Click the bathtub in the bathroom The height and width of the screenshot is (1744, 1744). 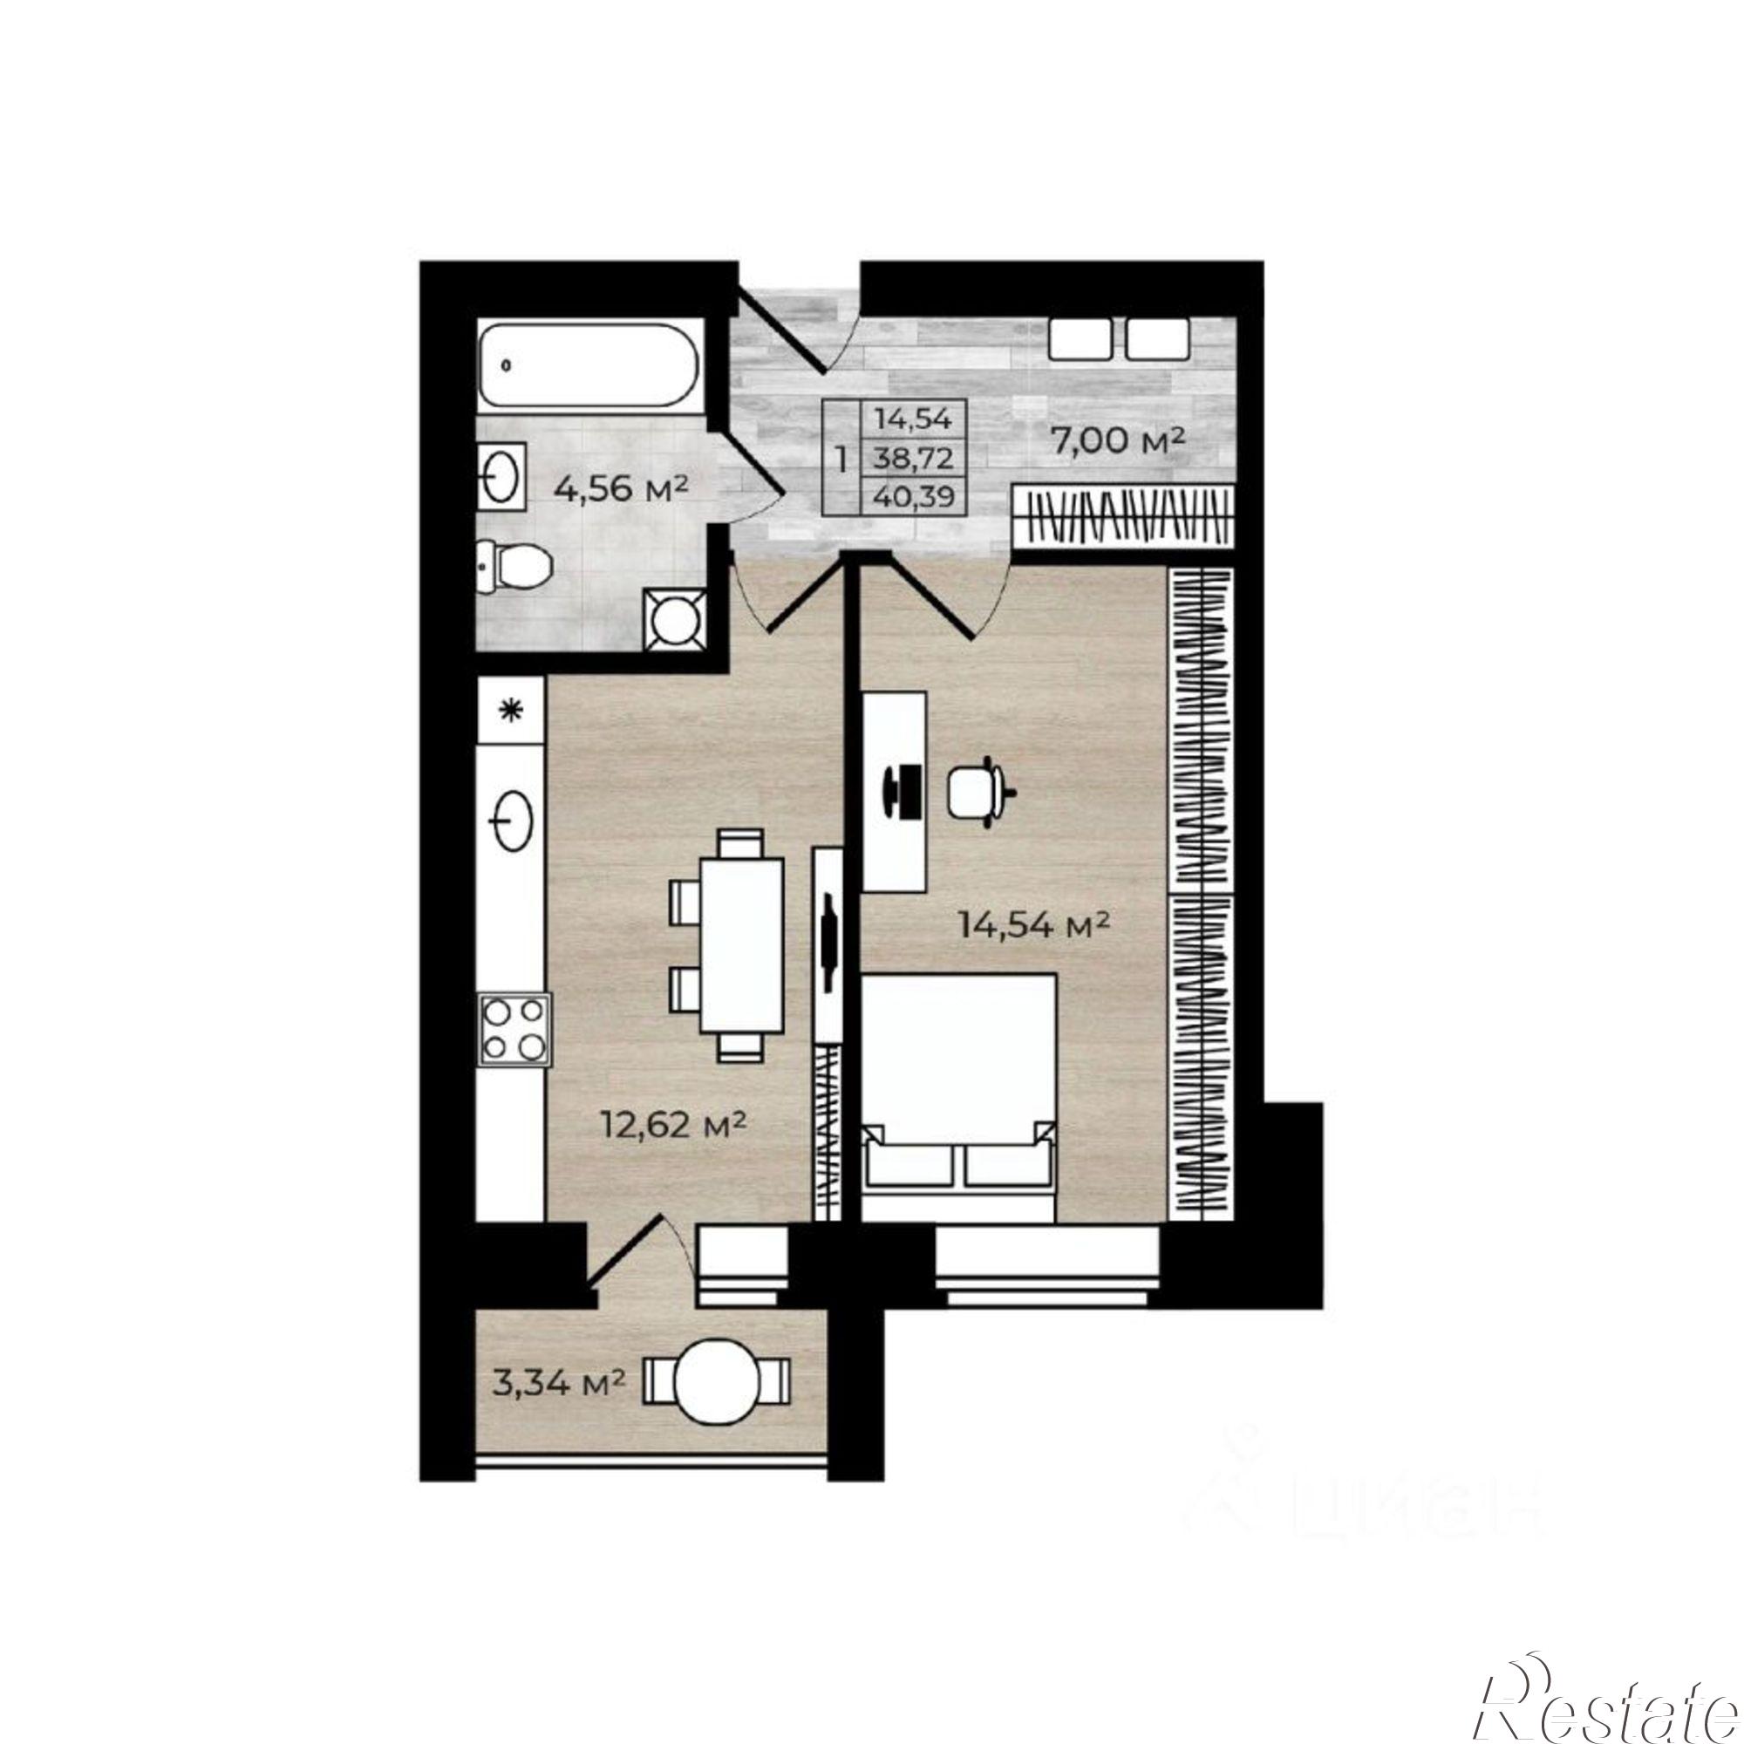pos(589,367)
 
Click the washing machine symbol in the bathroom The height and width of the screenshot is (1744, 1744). pos(674,619)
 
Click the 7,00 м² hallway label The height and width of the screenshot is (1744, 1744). pos(1117,441)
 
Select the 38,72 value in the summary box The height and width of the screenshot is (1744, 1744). pos(913,459)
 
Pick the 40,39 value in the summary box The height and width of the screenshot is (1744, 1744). pos(913,495)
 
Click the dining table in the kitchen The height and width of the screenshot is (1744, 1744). pos(740,946)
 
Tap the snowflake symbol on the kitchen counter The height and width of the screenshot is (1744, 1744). pos(511,711)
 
